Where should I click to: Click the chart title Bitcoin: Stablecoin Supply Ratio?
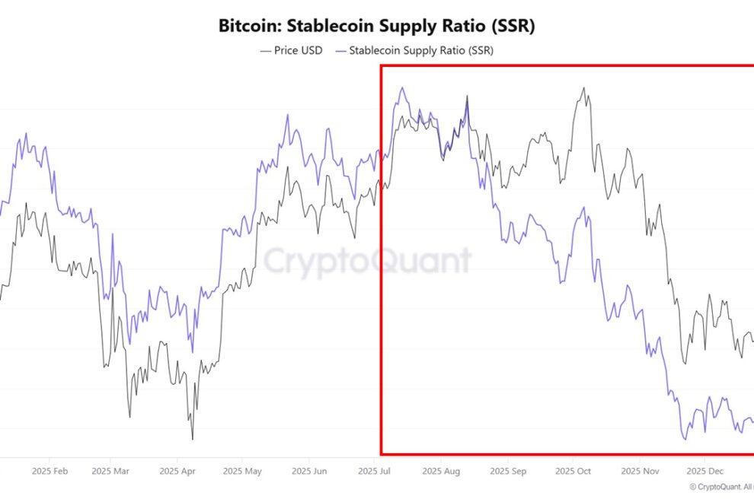coord(377,26)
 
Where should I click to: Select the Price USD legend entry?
coord(292,50)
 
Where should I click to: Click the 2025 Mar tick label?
coord(109,472)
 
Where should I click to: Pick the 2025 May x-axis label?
coord(241,472)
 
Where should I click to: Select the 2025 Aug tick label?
coord(441,472)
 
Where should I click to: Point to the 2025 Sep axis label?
coord(508,472)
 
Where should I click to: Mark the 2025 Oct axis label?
coord(573,472)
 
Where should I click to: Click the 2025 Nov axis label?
coord(640,472)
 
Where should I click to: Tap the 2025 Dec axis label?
coord(704,472)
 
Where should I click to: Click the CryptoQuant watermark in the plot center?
coord(367,261)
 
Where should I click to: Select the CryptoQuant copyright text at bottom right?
coord(720,487)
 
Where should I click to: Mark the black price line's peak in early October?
coord(584,87)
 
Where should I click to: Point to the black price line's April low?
coord(192,439)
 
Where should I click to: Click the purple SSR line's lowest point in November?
coord(685,440)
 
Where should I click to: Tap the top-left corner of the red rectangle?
coord(381,65)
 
